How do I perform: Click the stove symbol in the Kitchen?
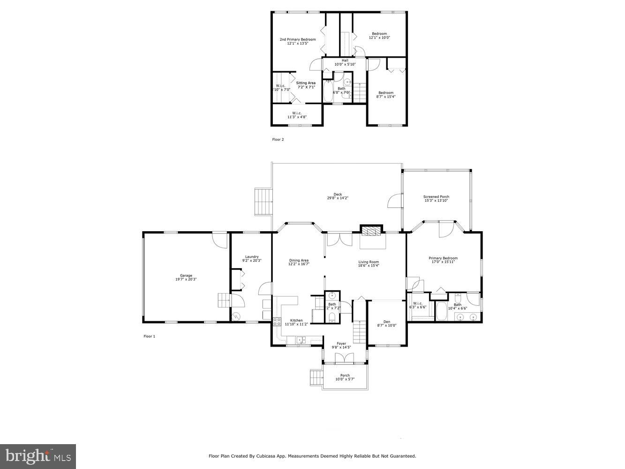pyautogui.click(x=277, y=322)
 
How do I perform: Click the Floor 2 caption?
pyautogui.click(x=278, y=139)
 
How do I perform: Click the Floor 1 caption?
pyautogui.click(x=149, y=336)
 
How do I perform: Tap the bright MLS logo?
pyautogui.click(x=38, y=456)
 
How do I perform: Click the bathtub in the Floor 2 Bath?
pyautogui.click(x=327, y=91)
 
